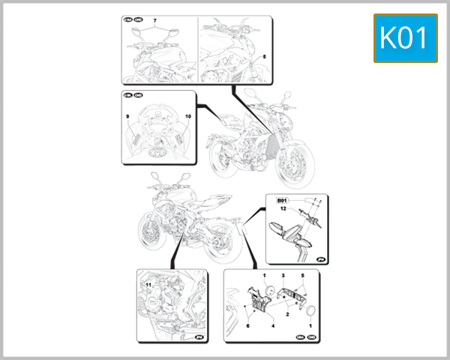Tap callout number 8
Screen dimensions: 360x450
263,56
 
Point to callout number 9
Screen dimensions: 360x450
127,117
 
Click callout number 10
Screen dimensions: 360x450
187,117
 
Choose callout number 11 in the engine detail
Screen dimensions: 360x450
148,286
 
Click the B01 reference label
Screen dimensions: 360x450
283,200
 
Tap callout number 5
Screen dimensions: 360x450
303,277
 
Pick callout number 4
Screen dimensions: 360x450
273,326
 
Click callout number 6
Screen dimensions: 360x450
248,326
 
